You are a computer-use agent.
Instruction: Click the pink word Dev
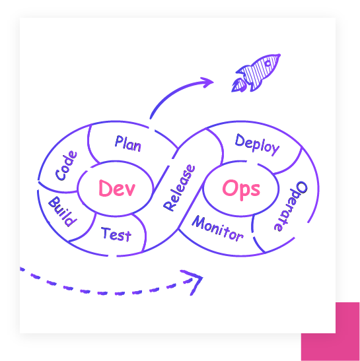coord(117,188)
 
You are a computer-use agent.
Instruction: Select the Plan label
coord(128,144)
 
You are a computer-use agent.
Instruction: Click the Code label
coord(66,165)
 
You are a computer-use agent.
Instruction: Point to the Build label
coord(63,211)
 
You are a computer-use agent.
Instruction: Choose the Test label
coord(116,234)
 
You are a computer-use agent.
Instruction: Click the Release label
coord(179,187)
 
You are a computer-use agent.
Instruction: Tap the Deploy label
coord(257,145)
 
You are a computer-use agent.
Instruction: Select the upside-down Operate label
coord(291,206)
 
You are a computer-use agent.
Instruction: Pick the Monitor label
coord(217,228)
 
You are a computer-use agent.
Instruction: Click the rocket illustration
coord(256,73)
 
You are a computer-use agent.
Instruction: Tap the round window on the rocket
coord(268,63)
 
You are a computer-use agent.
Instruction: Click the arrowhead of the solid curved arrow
coord(207,82)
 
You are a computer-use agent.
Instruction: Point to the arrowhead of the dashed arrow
coord(193,282)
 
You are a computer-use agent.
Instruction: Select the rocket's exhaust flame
coord(238,85)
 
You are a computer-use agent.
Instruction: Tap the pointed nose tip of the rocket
coord(279,55)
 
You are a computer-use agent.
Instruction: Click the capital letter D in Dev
coord(104,188)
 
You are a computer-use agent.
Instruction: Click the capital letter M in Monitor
coord(198,222)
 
